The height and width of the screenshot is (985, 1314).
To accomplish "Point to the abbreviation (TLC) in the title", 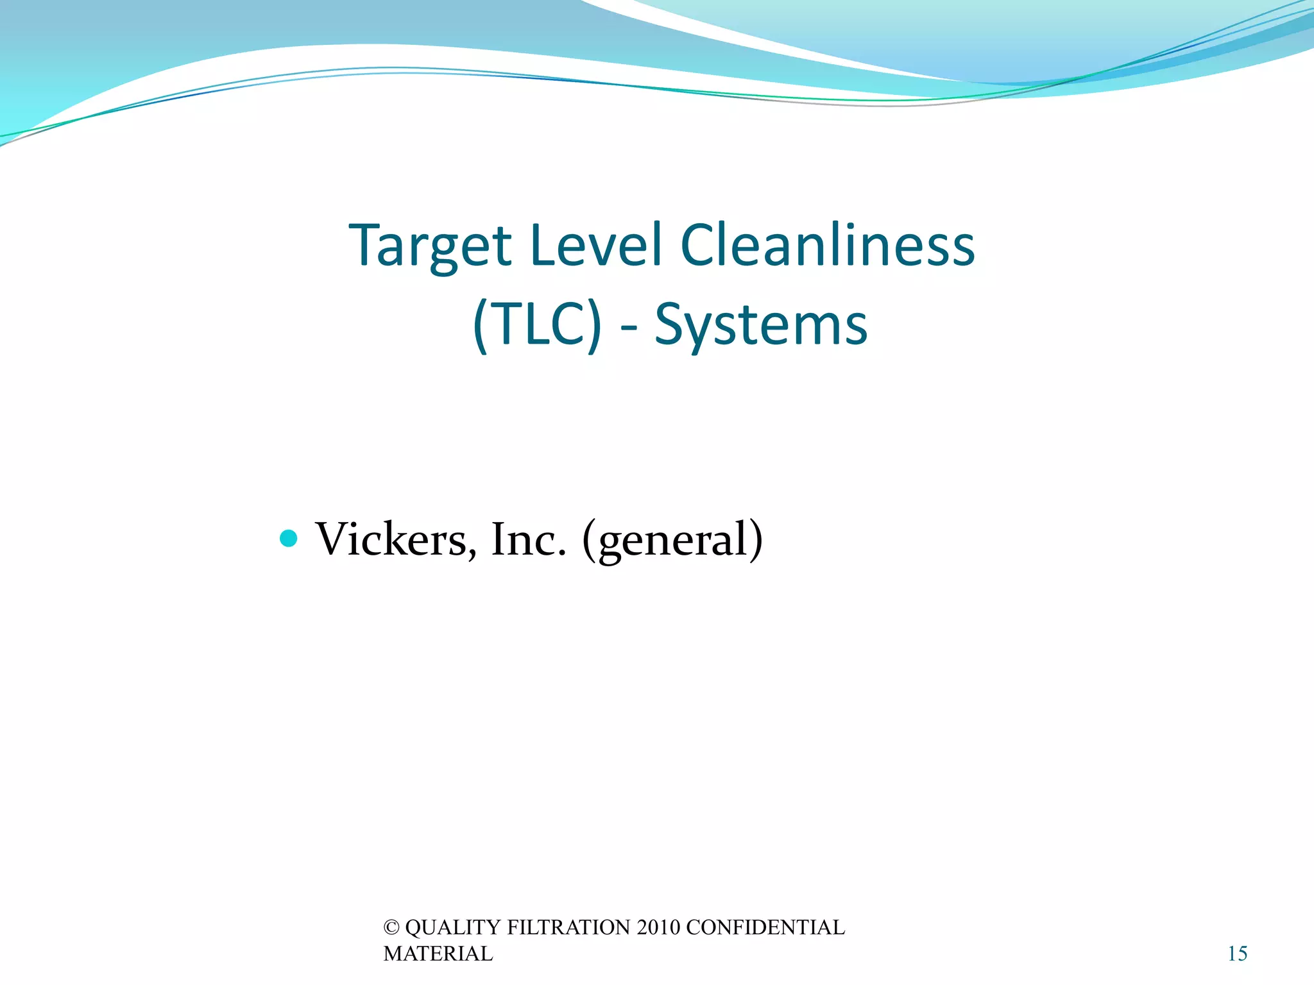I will click(538, 325).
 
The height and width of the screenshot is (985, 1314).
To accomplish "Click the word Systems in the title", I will click(761, 325).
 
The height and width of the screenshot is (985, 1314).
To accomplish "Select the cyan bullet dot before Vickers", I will click(289, 538).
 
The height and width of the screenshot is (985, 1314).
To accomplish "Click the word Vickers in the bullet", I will click(391, 539).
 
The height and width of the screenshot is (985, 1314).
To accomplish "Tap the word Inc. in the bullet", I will click(529, 539).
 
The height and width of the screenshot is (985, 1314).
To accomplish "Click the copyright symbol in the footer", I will click(391, 928).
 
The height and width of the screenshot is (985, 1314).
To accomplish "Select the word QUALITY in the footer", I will click(453, 928).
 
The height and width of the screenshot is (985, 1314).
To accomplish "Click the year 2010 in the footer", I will click(658, 928).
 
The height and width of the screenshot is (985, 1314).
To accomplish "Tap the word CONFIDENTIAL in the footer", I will click(765, 928).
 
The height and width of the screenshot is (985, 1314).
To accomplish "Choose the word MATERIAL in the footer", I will click(438, 954).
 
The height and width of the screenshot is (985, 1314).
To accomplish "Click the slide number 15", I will click(1237, 954).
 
